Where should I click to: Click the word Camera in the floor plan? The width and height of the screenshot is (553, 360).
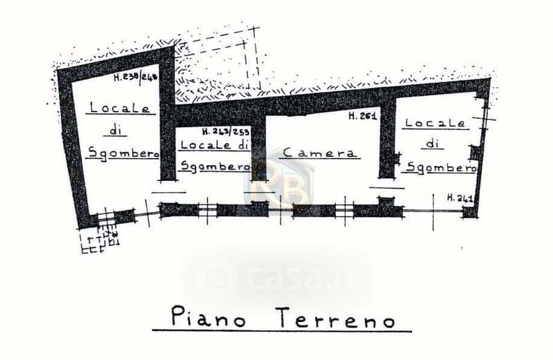[x=319, y=153]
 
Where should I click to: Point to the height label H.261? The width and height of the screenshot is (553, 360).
[x=362, y=117]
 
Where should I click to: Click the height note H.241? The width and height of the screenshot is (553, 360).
[x=460, y=198]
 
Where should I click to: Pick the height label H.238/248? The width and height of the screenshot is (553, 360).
[x=136, y=77]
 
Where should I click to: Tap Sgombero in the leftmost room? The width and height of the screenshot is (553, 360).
[x=124, y=153]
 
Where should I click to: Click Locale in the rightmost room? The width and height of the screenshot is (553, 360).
[x=435, y=123]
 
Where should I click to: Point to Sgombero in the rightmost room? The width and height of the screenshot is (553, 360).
[x=440, y=167]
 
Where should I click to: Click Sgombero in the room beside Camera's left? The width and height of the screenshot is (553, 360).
[x=214, y=167]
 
